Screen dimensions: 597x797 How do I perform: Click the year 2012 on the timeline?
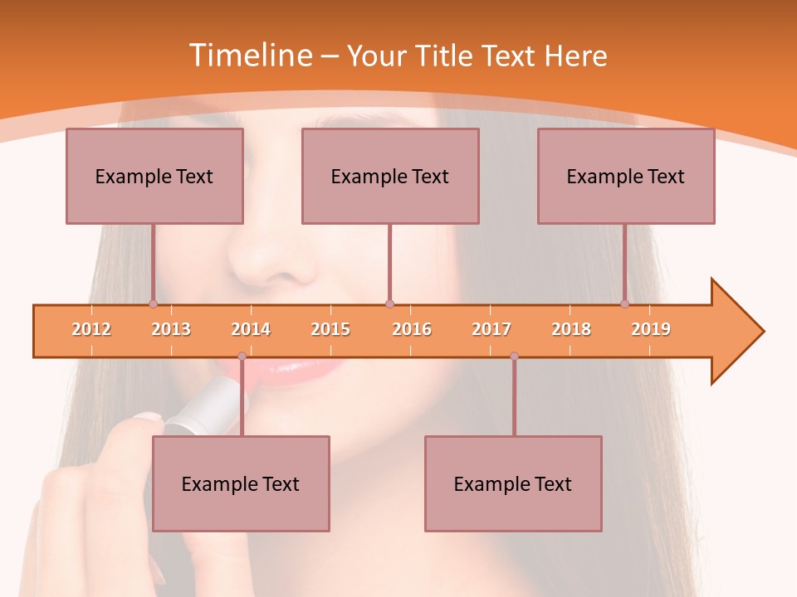91,329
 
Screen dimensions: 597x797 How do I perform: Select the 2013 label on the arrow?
171,329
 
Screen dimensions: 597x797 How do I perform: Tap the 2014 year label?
251,329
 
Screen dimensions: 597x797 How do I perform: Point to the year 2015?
330,329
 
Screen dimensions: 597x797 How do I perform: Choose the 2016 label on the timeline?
412,329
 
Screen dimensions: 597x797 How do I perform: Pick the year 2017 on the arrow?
491,329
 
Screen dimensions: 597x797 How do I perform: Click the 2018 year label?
571,329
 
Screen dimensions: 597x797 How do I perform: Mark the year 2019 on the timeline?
651,329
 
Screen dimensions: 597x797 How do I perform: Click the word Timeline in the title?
250,56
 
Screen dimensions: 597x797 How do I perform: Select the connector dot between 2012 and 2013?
153,304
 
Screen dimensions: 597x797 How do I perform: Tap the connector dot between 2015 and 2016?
389,304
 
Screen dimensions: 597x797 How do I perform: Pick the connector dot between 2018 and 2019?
624,304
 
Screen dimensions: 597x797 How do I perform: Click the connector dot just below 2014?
242,357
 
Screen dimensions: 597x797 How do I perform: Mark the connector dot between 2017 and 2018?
514,357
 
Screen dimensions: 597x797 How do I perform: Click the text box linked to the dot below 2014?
241,483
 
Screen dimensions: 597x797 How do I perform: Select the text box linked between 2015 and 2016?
390,176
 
